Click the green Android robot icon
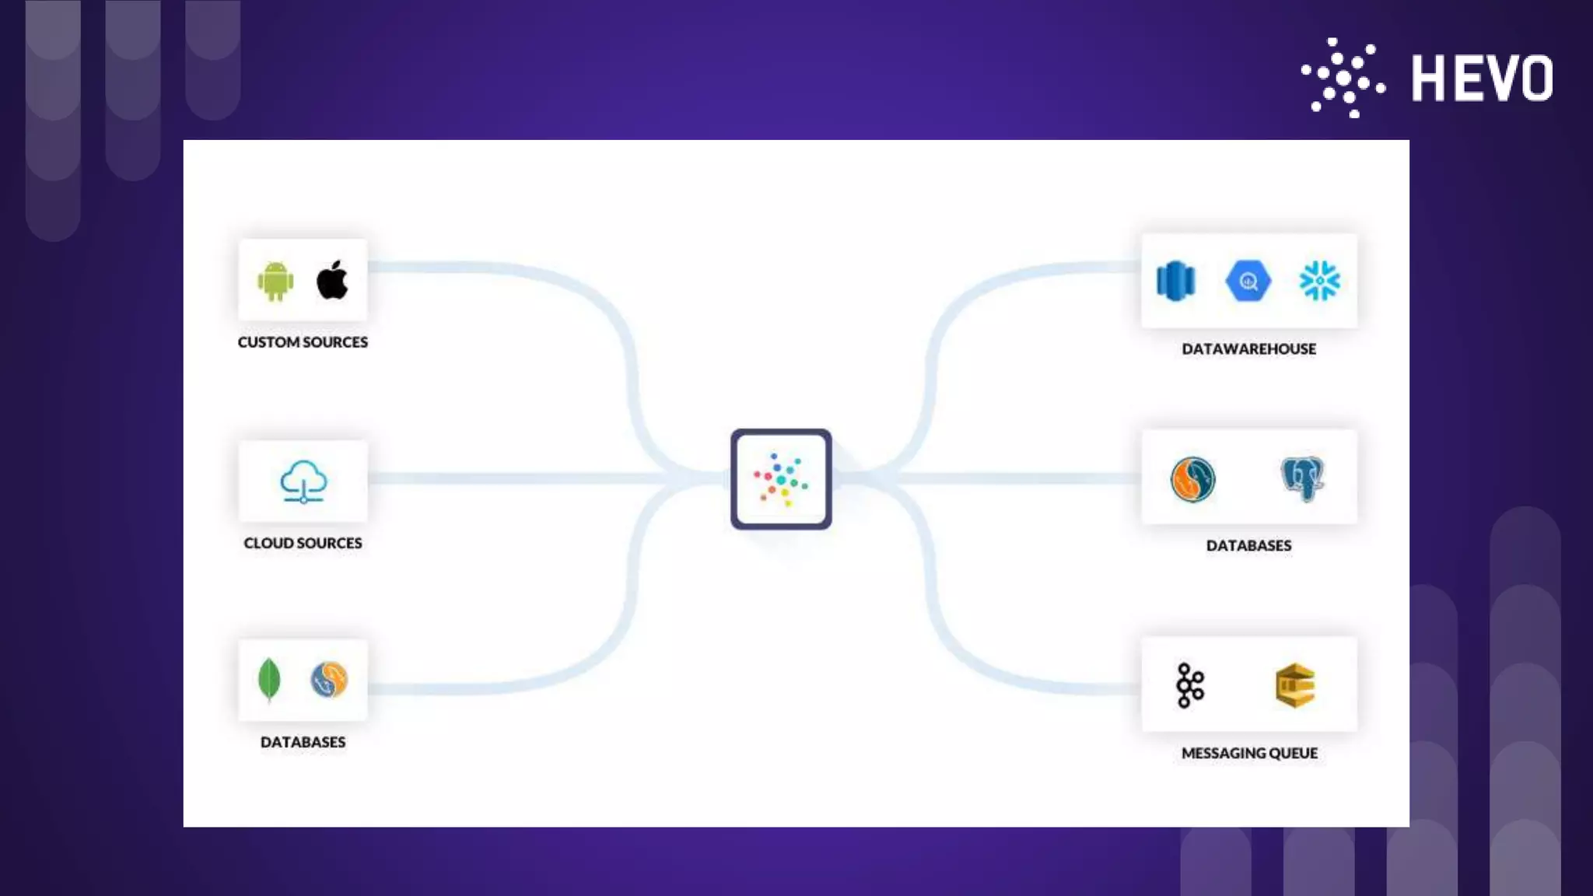tap(275, 281)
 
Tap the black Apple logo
tap(332, 280)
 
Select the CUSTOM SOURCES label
tap(303, 342)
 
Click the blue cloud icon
tap(303, 481)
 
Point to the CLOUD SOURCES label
tap(303, 543)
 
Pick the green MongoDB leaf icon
tap(268, 679)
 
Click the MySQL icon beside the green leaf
tap(329, 680)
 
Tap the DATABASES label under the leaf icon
tap(303, 742)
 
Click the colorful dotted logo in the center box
tap(781, 479)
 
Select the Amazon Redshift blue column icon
tap(1175, 281)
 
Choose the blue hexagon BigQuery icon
tap(1248, 281)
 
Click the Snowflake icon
tap(1319, 281)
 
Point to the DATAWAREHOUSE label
tap(1248, 349)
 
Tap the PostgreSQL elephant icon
tap(1302, 478)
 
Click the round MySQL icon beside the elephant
tap(1192, 479)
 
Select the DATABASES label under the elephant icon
tap(1248, 546)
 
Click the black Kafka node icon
tap(1190, 685)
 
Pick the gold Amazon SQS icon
tap(1295, 685)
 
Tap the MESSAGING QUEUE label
tap(1249, 753)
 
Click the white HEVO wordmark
tap(1482, 79)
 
